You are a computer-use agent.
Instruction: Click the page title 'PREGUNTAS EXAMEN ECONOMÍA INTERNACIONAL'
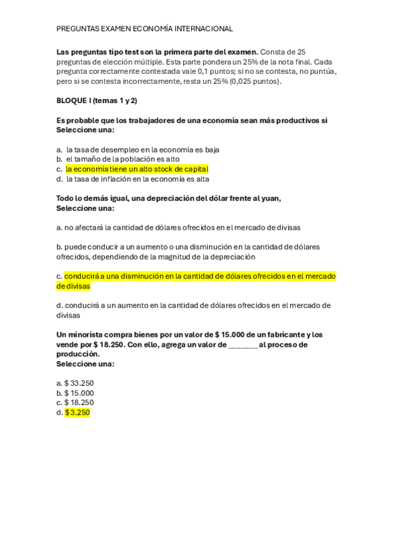point(144,29)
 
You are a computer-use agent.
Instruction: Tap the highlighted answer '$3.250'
point(77,413)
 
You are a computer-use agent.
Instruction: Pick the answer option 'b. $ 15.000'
point(75,393)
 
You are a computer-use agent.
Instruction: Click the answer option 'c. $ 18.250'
point(75,403)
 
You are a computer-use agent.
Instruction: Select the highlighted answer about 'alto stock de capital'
point(137,169)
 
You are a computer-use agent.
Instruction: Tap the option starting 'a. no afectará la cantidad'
point(178,227)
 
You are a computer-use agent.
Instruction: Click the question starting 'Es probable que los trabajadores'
point(192,121)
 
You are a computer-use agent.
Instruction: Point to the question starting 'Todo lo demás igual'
point(168,199)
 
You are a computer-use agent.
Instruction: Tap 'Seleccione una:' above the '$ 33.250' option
point(85,364)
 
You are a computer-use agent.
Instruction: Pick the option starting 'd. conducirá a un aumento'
point(193,310)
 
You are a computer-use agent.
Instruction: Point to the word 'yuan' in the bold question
point(271,199)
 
